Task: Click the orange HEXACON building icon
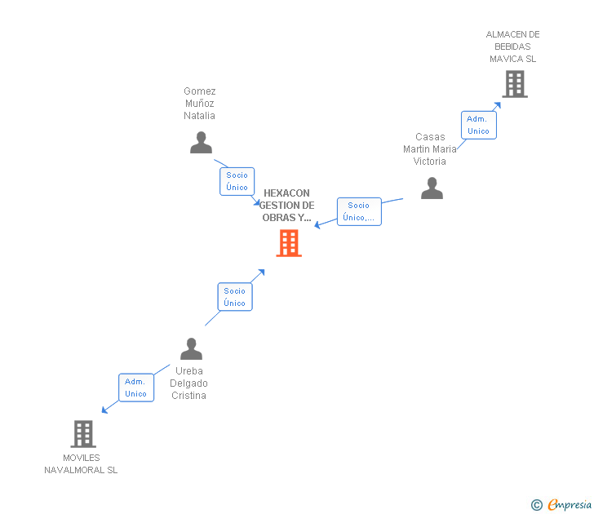[x=289, y=243]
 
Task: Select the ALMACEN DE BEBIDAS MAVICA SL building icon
[x=514, y=83]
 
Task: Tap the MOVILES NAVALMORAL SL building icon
[x=83, y=433]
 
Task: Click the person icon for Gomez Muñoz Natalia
[x=201, y=143]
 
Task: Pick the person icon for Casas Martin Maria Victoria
[x=432, y=188]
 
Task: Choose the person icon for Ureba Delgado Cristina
[x=191, y=349]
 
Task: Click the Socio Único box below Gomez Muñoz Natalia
[x=237, y=181]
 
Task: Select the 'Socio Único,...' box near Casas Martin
[x=359, y=211]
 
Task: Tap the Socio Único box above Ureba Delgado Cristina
[x=234, y=297]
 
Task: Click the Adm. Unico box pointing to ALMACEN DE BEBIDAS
[x=478, y=125]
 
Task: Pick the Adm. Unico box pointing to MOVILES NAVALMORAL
[x=135, y=388]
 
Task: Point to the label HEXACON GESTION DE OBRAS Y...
[x=287, y=206]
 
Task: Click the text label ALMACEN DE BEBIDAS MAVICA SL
[x=512, y=47]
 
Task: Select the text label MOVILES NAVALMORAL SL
[x=81, y=463]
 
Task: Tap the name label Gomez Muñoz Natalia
[x=200, y=103]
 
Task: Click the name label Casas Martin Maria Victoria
[x=430, y=148]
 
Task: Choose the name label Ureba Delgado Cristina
[x=188, y=383]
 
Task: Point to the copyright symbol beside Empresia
[x=536, y=505]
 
